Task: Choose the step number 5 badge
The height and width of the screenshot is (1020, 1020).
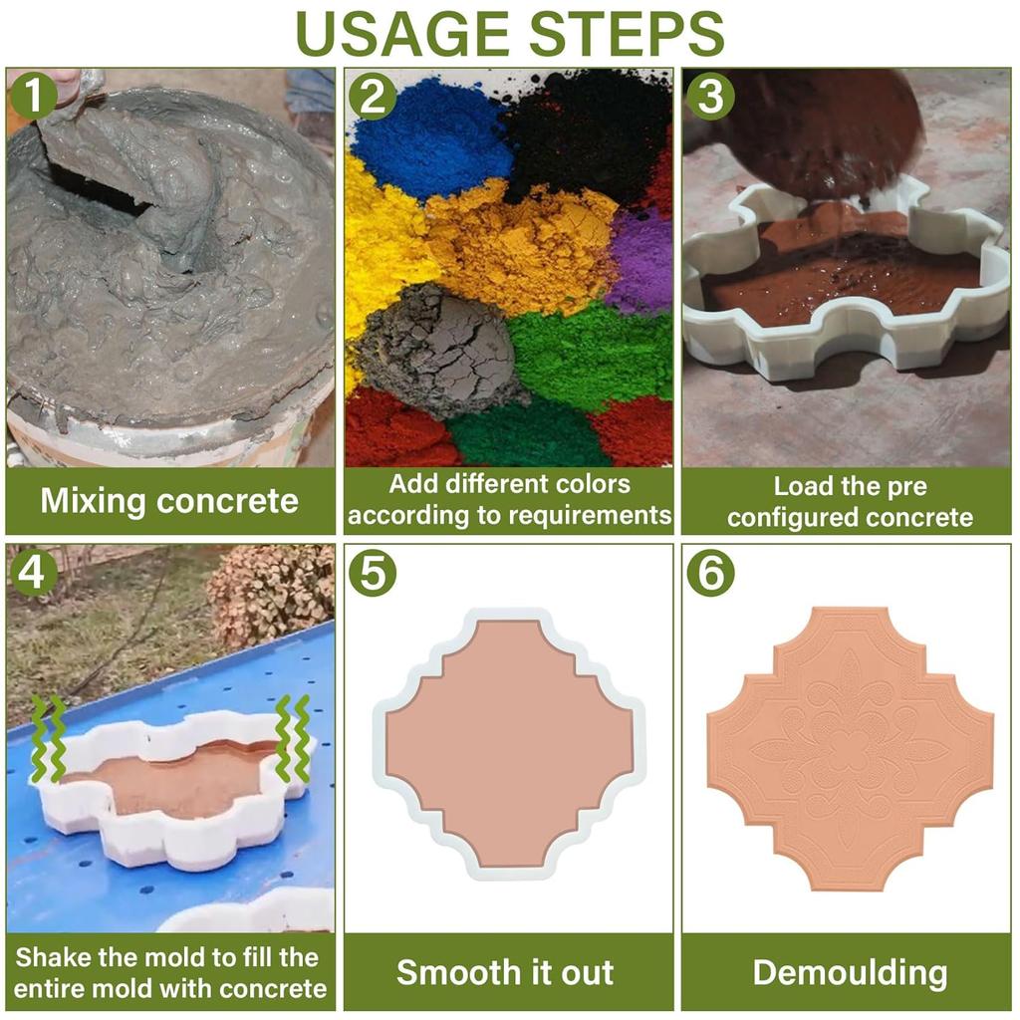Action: [x=373, y=573]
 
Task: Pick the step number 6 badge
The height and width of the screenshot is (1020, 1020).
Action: [x=710, y=573]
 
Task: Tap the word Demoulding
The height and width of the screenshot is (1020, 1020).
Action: [x=849, y=972]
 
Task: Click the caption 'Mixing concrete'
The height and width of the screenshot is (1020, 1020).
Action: [x=169, y=500]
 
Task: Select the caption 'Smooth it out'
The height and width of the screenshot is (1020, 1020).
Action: [x=505, y=972]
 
